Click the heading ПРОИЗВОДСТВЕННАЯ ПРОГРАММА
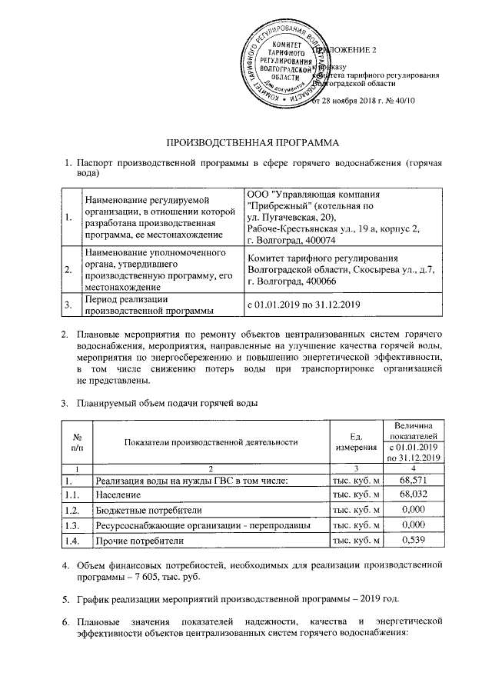click(x=253, y=143)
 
